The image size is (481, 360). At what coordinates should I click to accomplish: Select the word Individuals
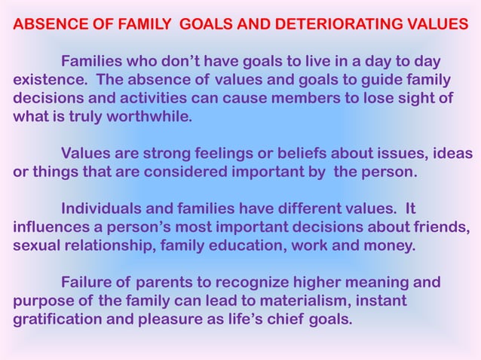[x=100, y=209]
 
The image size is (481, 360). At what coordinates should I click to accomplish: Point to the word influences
[x=50, y=227]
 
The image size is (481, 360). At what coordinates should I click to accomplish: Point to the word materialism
[x=317, y=301]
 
